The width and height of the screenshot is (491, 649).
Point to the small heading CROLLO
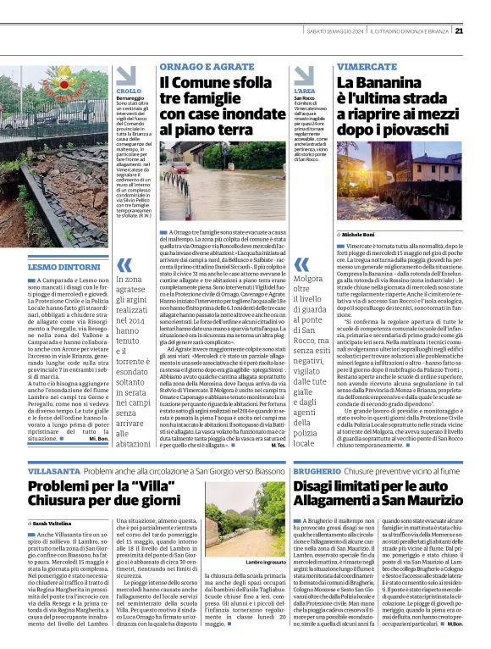(129, 91)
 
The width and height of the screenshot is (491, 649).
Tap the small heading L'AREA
(304, 91)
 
